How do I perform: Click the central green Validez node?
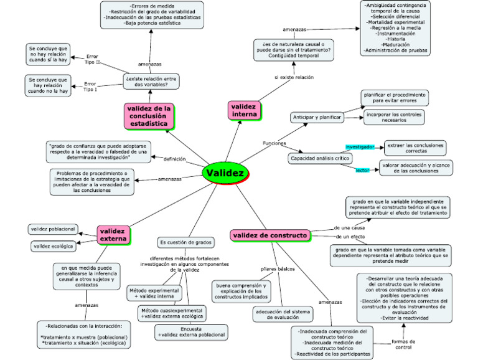(225, 173)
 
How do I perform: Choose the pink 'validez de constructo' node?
(270, 235)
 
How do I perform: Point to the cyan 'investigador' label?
(360, 147)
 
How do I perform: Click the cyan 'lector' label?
(363, 170)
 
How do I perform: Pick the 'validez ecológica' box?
(53, 247)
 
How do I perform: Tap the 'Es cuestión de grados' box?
(186, 242)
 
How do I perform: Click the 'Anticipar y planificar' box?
(316, 118)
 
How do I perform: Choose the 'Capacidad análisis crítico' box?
(319, 159)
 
